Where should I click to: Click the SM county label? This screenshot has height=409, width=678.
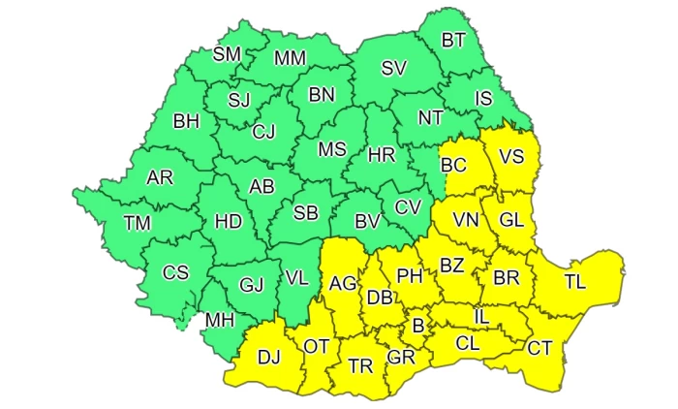tap(227, 53)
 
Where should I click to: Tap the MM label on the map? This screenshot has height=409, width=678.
tap(290, 58)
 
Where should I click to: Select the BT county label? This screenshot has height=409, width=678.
tap(453, 41)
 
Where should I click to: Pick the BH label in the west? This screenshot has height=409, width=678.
tap(184, 122)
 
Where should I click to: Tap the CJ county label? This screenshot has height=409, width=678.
tap(263, 132)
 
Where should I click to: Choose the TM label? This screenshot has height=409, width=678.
tap(138, 224)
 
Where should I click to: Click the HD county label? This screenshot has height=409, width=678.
tap(228, 221)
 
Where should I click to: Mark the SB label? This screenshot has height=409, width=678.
tap(306, 213)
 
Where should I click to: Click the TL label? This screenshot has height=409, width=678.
tap(575, 283)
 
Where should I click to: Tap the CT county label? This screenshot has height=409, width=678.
tap(539, 347)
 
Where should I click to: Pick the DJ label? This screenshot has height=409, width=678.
tap(268, 356)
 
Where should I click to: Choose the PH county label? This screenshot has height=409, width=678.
tap(411, 276)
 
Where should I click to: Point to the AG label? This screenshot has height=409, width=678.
tap(344, 284)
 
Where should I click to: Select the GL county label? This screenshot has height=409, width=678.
tap(511, 220)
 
